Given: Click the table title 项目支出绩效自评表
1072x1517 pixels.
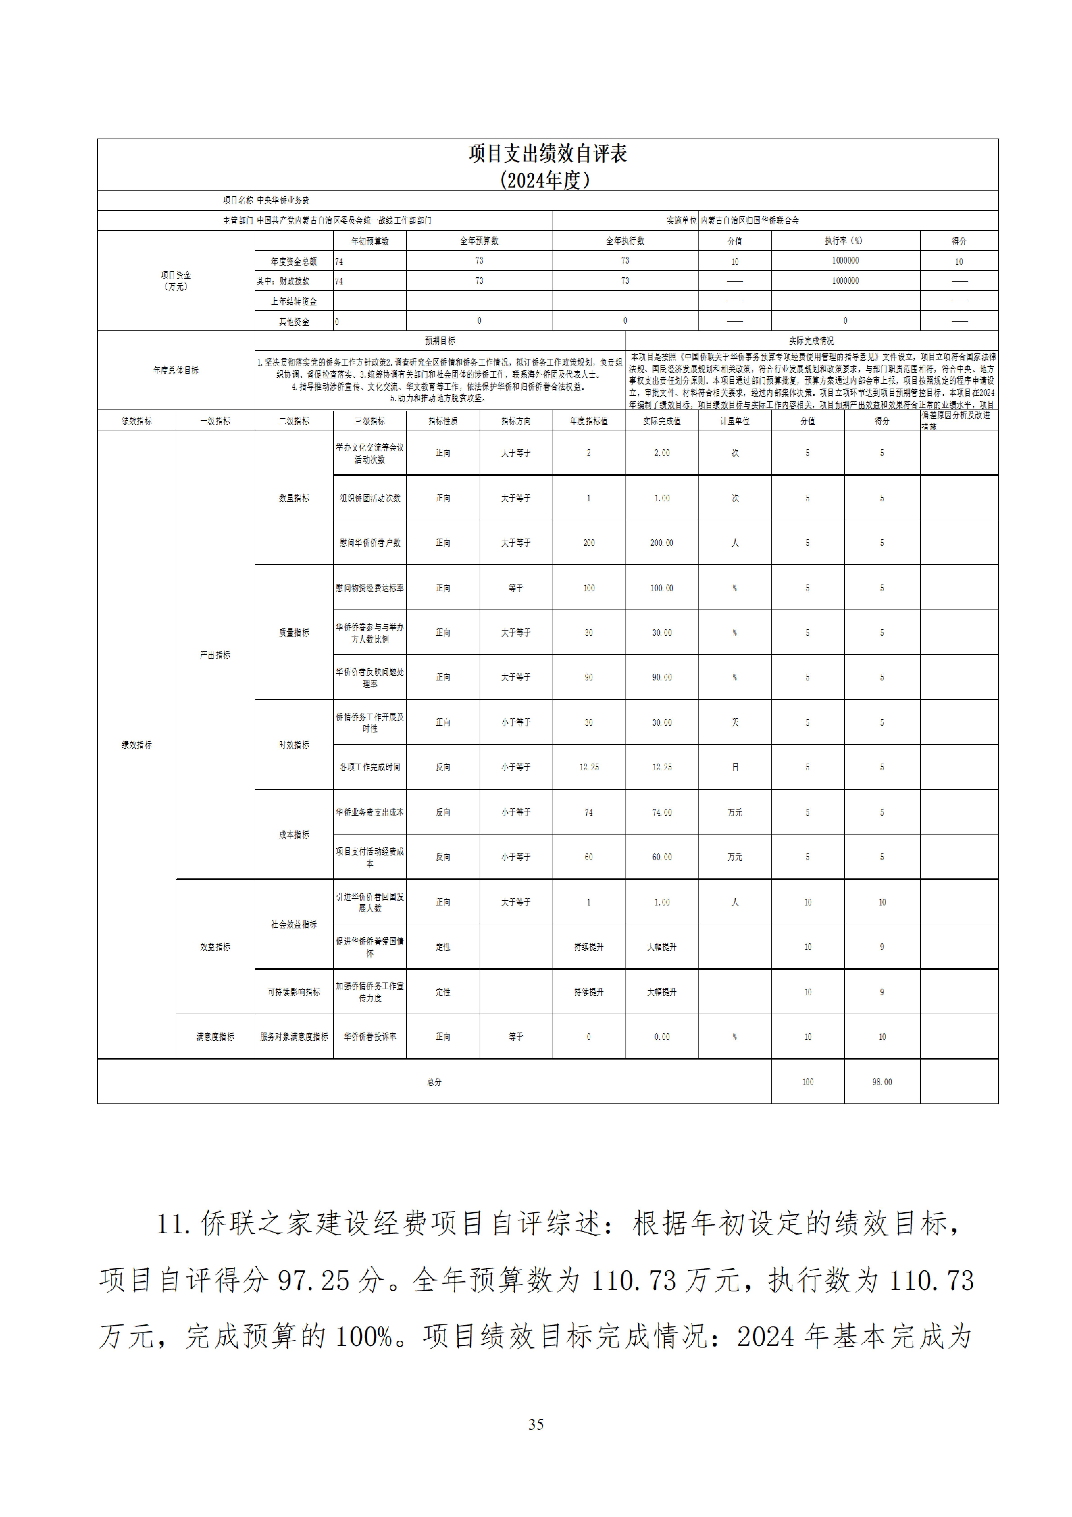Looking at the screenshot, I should click(x=548, y=153).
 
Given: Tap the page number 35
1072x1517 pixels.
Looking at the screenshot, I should click(x=536, y=1424).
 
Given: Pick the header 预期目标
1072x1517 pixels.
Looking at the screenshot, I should click(x=440, y=341).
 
